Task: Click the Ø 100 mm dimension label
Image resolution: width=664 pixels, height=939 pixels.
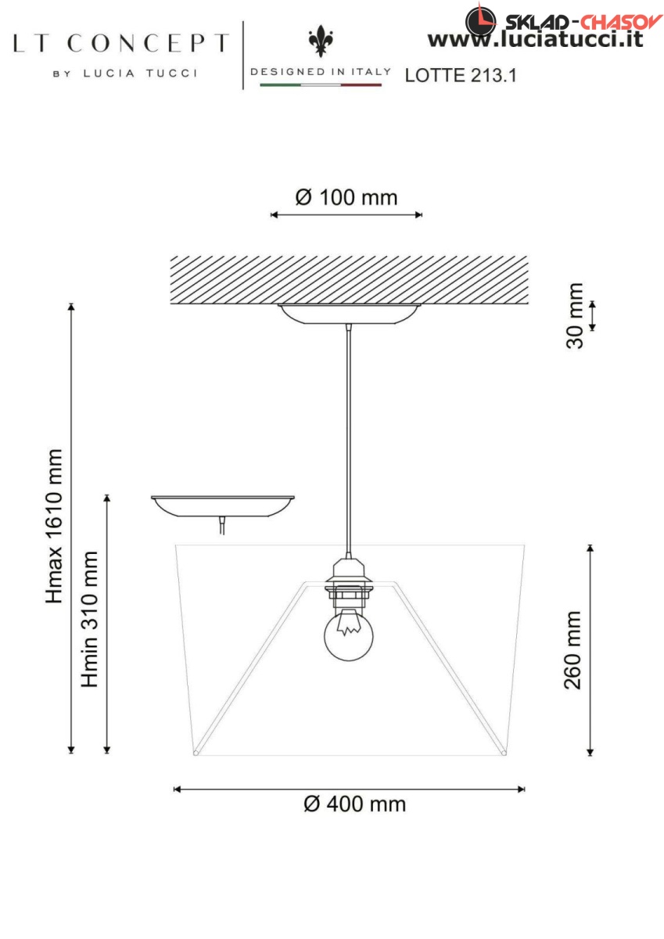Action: click(346, 197)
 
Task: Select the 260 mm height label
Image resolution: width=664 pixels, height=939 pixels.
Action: click(572, 649)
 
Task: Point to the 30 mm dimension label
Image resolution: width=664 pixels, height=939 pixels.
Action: click(574, 315)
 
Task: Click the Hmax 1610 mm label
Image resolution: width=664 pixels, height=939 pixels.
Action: click(54, 527)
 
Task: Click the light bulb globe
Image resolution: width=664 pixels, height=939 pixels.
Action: click(349, 635)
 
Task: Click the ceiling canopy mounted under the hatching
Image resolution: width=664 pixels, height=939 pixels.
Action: click(349, 315)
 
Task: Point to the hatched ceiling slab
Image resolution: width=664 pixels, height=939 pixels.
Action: click(349, 279)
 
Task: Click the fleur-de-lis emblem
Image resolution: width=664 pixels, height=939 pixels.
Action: click(321, 41)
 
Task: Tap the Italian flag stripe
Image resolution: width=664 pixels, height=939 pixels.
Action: click(321, 85)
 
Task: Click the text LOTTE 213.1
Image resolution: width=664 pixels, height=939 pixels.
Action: click(461, 75)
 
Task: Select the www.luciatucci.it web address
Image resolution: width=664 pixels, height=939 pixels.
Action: click(535, 39)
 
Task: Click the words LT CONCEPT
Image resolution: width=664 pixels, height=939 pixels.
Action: click(121, 43)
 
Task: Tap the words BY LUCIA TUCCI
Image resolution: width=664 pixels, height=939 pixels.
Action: click(125, 74)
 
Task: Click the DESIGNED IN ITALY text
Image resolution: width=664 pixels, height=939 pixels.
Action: click(321, 72)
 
